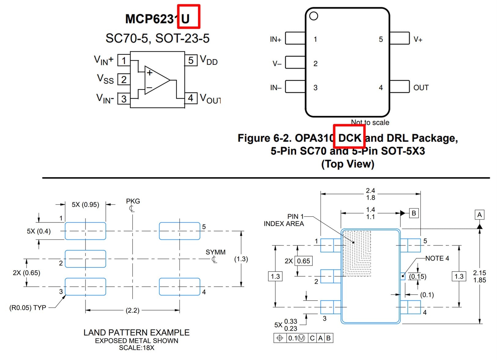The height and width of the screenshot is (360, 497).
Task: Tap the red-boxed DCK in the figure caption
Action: [349, 138]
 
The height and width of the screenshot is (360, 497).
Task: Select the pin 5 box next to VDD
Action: [191, 60]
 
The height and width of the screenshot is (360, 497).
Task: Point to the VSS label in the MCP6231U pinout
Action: [105, 79]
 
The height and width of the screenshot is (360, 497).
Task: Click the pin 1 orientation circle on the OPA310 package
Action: [314, 16]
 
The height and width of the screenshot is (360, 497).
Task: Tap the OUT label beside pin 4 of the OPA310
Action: [421, 88]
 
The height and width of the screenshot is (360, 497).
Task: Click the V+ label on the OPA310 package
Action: [418, 39]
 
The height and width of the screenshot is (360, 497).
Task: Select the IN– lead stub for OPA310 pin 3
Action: [295, 87]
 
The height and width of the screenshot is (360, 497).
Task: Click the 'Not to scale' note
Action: [370, 122]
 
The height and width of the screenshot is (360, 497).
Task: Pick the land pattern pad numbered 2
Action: [85, 259]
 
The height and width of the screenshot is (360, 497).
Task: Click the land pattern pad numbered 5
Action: [179, 231]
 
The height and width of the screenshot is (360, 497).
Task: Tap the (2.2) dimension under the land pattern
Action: [132, 310]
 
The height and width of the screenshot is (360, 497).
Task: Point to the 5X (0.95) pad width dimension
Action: [85, 205]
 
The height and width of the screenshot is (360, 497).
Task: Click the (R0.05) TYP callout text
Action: [28, 308]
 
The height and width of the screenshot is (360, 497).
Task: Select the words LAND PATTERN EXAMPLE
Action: [136, 332]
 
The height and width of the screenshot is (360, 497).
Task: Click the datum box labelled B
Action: [414, 213]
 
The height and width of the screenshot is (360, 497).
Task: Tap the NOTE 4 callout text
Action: [437, 258]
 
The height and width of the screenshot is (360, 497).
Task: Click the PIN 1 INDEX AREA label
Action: [284, 220]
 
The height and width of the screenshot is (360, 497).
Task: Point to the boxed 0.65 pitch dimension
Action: [304, 261]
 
